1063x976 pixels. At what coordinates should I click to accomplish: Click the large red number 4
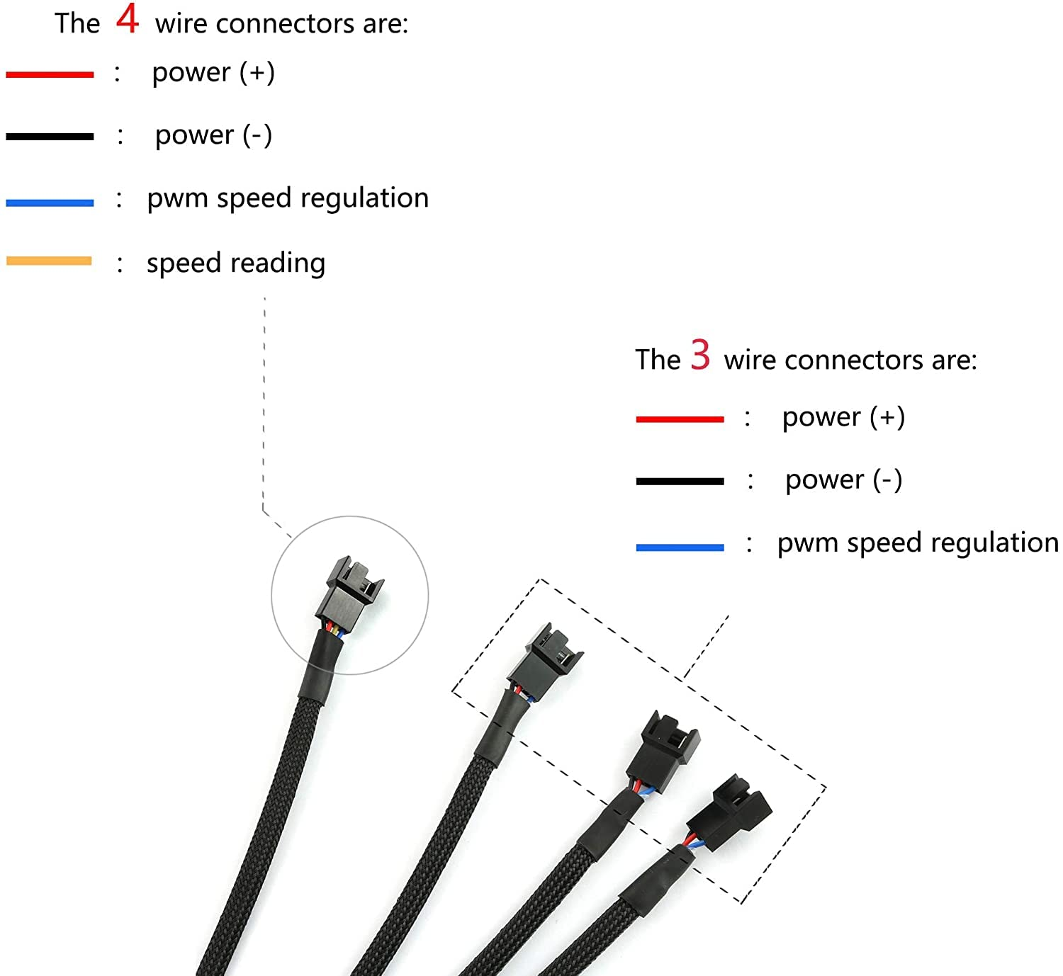128,19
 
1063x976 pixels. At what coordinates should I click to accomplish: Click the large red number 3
700,355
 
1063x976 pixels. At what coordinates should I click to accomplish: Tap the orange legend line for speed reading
49,261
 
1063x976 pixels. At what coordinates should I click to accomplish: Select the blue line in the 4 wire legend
50,203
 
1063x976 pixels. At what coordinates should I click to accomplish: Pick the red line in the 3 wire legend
680,419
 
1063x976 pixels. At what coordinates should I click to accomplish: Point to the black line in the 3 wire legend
680,482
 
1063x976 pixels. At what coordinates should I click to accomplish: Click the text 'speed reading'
236,263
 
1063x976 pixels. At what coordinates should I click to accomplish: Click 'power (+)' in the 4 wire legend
213,73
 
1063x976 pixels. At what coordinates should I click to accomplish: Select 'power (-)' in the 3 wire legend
843,480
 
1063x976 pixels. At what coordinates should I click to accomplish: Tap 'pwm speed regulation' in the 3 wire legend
917,543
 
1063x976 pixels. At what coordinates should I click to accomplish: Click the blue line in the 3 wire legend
680,547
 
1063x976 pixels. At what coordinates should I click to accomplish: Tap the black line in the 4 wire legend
50,137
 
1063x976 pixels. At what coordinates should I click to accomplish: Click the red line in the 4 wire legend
50,74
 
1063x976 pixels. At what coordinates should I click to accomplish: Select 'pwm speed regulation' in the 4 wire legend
288,198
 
